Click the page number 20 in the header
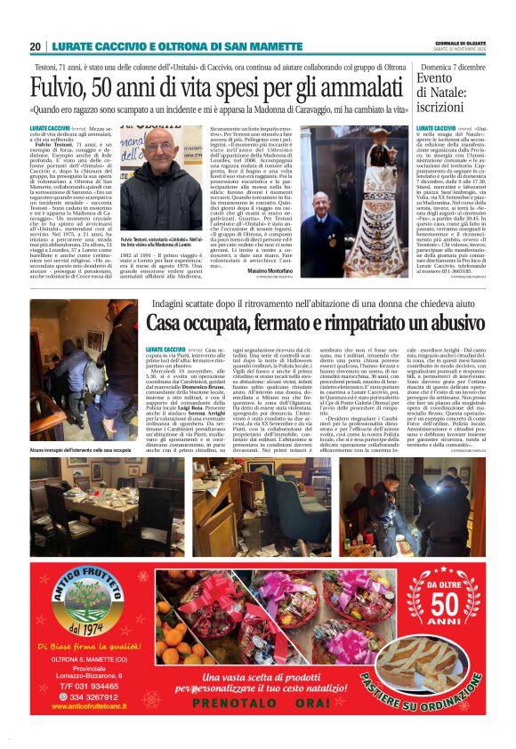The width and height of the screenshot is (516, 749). coord(36,46)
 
